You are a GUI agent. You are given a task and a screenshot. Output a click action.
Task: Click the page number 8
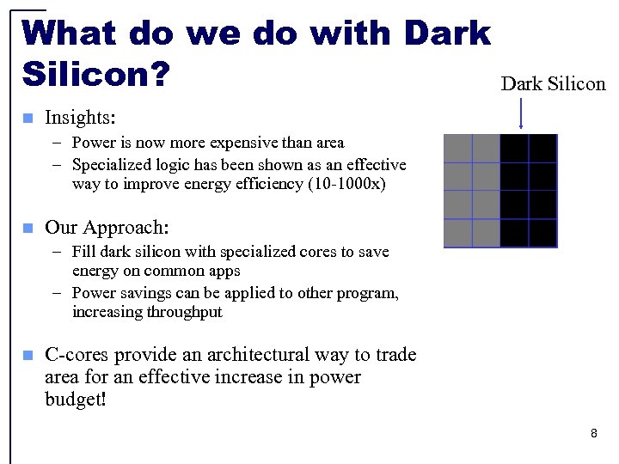593,434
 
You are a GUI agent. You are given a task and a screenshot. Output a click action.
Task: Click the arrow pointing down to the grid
521,114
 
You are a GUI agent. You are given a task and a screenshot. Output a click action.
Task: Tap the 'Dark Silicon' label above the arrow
553,83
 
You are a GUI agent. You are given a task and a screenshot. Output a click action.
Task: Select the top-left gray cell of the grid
457,148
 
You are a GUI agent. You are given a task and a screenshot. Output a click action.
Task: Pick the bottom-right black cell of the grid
542,233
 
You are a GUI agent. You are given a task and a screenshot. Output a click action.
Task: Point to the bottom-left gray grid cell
457,233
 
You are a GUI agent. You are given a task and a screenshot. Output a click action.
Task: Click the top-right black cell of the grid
542,148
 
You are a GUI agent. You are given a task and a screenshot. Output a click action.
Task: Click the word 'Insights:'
80,117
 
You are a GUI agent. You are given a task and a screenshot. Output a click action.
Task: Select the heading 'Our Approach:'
107,227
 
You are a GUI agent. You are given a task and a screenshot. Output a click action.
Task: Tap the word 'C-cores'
77,355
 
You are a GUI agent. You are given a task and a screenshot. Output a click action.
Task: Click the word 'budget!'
76,400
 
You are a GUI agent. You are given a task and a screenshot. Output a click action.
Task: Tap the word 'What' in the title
70,33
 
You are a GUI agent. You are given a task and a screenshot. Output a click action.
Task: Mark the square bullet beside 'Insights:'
28,118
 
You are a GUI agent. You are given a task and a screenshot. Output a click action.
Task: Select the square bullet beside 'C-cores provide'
28,355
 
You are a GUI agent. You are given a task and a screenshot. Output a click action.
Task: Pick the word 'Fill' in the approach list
84,252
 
